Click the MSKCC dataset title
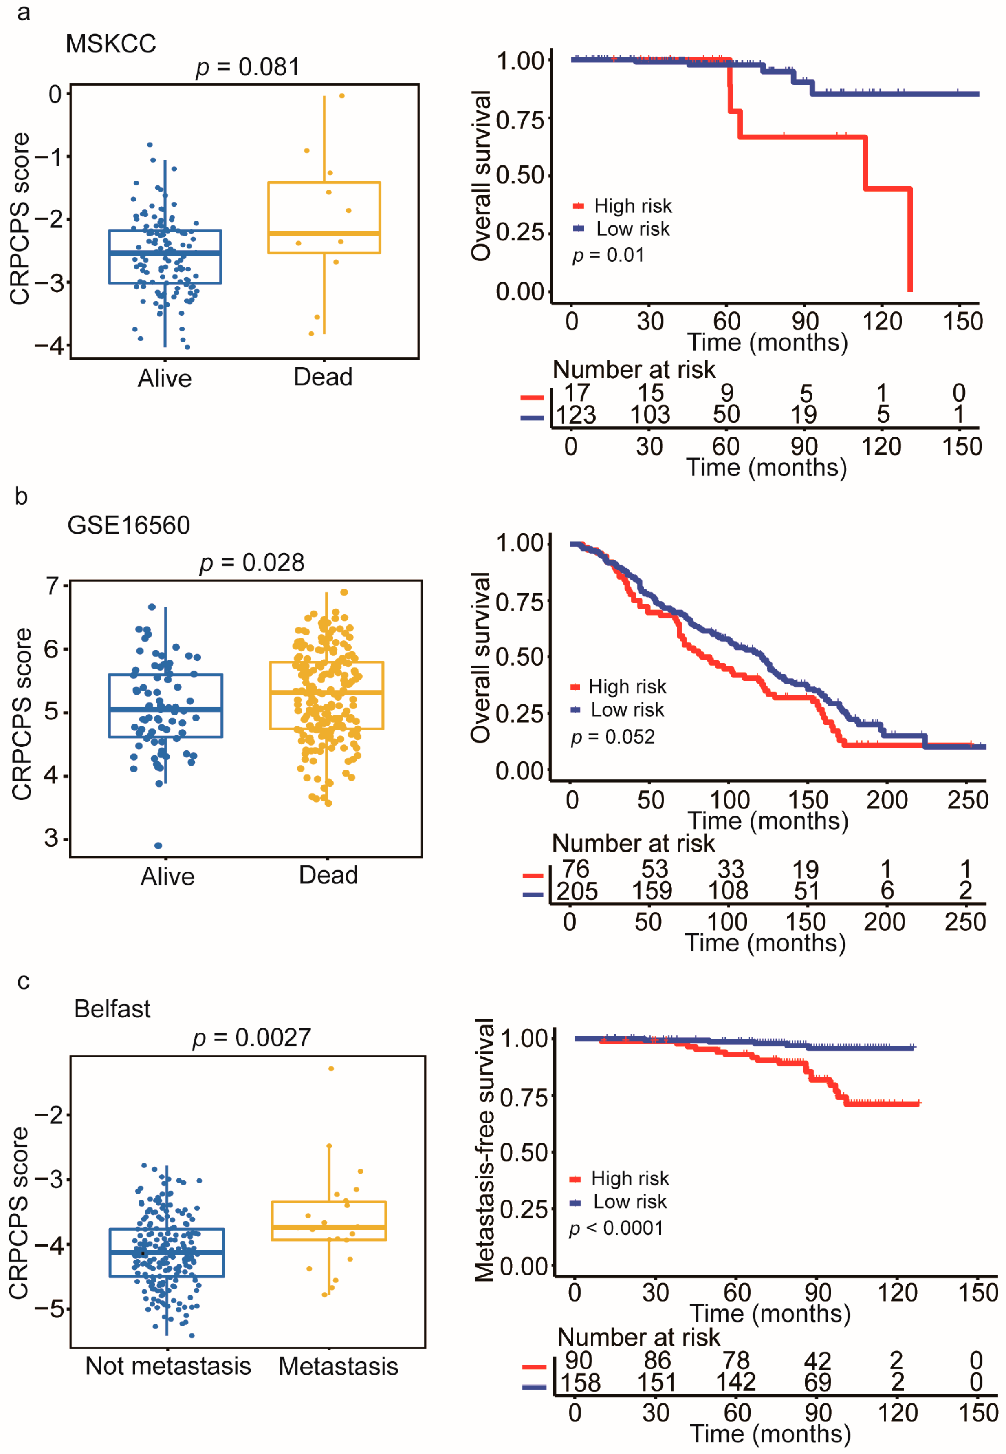(x=111, y=44)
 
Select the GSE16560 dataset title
(x=129, y=525)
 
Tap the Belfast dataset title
(x=112, y=1009)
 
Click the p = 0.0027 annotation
(x=251, y=1037)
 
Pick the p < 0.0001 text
(x=616, y=1228)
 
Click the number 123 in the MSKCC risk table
(x=575, y=415)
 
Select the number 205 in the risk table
(x=577, y=891)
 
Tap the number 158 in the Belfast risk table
(x=581, y=1383)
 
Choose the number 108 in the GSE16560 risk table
(x=728, y=891)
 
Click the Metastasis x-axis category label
(x=339, y=1366)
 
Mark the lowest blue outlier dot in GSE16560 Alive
(x=158, y=845)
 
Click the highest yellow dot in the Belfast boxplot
(x=331, y=1069)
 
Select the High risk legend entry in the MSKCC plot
(x=632, y=206)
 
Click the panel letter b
(x=22, y=497)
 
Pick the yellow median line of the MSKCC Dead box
(x=324, y=233)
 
